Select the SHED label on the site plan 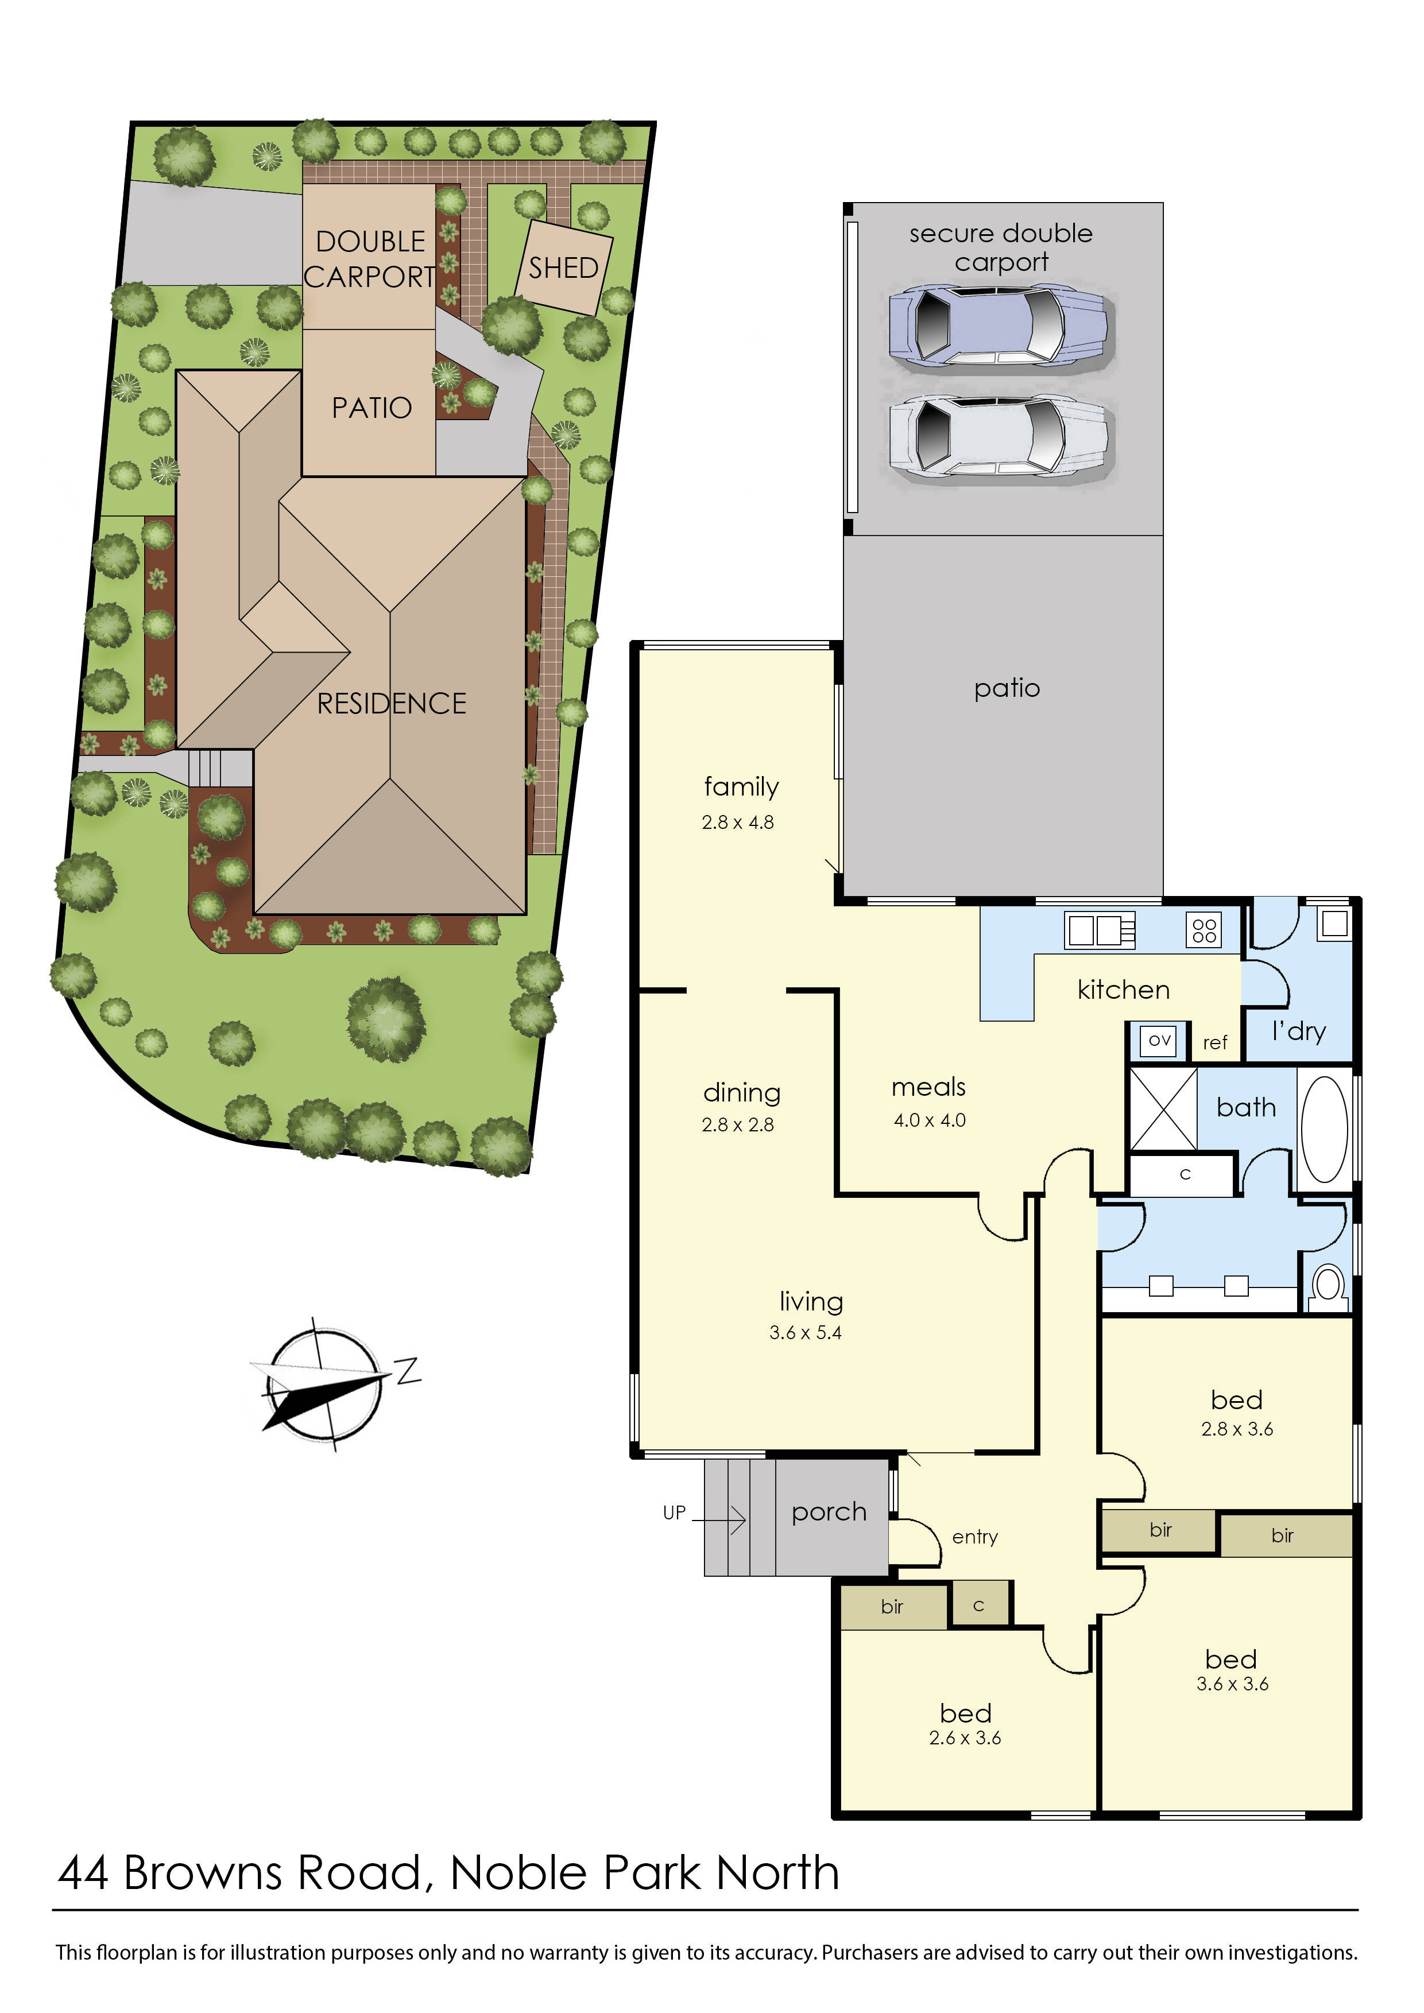pyautogui.click(x=563, y=267)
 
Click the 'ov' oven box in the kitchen pyautogui.click(x=1159, y=1041)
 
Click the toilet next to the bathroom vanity pyautogui.click(x=1329, y=1285)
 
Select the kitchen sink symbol pyautogui.click(x=1098, y=930)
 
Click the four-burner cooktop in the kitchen pyautogui.click(x=1204, y=930)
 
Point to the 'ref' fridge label pyautogui.click(x=1214, y=1042)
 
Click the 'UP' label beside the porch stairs pyautogui.click(x=674, y=1512)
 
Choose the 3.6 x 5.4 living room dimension pyautogui.click(x=805, y=1333)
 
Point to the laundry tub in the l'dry pyautogui.click(x=1334, y=923)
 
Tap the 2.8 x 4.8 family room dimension pyautogui.click(x=737, y=823)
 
